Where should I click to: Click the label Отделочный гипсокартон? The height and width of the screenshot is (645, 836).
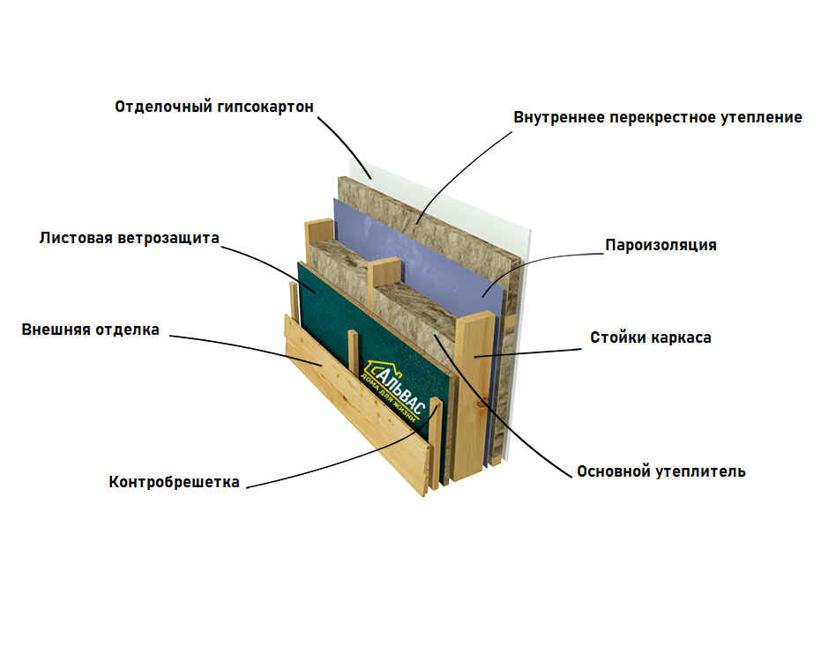214,107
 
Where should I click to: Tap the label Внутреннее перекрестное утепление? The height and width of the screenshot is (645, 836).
658,117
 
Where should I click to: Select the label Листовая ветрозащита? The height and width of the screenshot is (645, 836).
129,238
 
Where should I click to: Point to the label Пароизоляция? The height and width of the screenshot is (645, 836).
661,245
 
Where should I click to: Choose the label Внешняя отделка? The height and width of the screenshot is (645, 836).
91,330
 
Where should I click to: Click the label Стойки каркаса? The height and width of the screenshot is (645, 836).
651,337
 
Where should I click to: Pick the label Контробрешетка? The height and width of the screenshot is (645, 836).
175,482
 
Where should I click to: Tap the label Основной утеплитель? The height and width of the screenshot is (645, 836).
661,471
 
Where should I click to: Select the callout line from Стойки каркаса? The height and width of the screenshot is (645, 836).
529,351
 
